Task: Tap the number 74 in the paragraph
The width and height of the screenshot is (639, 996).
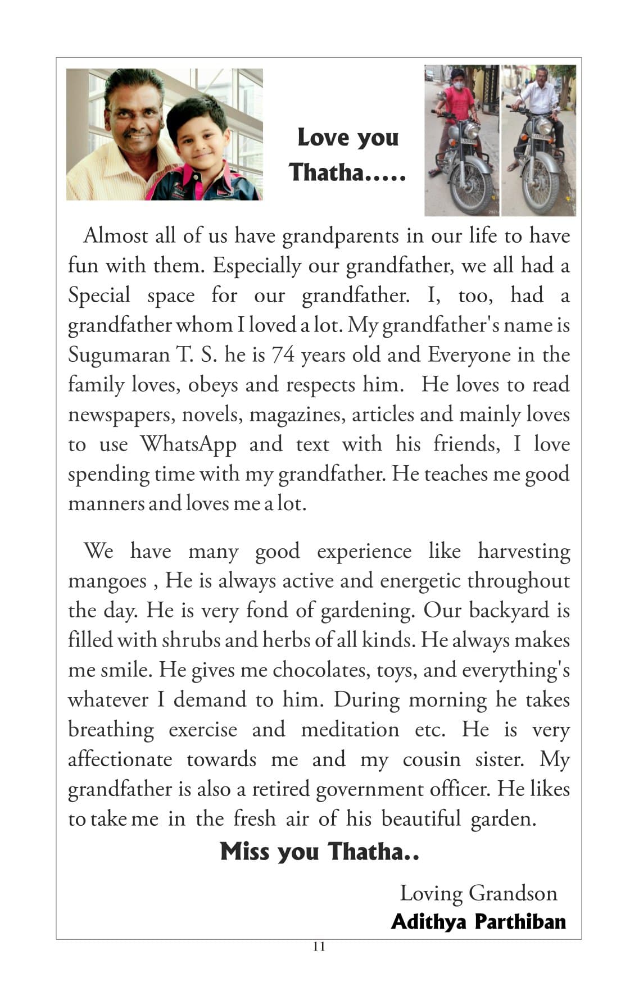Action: (x=283, y=355)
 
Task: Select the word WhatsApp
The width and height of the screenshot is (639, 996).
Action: (x=188, y=444)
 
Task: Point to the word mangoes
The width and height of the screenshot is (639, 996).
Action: (x=107, y=581)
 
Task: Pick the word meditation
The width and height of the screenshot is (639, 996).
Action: (x=350, y=730)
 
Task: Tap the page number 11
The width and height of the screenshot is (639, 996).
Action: (x=319, y=947)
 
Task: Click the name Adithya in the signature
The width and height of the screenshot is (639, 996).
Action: (x=428, y=922)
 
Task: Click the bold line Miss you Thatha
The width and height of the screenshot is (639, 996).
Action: (x=319, y=852)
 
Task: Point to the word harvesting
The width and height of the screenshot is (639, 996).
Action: (x=524, y=551)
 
